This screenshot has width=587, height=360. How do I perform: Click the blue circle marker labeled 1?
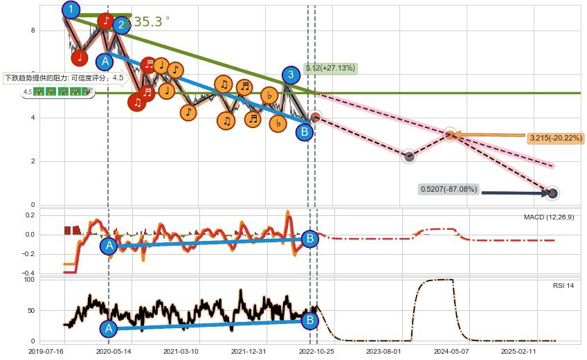tap(70, 10)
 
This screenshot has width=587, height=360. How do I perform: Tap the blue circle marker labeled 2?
tap(121, 26)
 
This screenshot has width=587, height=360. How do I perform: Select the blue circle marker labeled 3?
tap(291, 75)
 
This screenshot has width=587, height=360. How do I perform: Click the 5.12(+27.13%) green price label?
tap(330, 68)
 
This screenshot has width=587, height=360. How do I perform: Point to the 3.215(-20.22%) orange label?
tap(555, 138)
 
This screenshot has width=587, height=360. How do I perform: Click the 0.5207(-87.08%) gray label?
tap(449, 188)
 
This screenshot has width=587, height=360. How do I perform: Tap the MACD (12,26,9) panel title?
tap(549, 217)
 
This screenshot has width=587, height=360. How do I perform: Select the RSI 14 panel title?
tap(562, 285)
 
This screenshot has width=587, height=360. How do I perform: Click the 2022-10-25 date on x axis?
tap(316, 351)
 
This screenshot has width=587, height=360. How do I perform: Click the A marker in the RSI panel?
tap(108, 328)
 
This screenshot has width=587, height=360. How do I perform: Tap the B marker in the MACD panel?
tap(309, 239)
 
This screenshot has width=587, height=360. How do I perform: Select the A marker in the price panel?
tap(105, 61)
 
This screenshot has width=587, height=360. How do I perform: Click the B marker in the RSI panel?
tap(309, 321)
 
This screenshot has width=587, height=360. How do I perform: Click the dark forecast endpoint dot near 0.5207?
tap(552, 193)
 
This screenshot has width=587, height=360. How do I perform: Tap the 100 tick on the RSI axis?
tap(29, 280)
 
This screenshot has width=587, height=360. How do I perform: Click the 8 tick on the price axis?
tap(32, 30)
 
